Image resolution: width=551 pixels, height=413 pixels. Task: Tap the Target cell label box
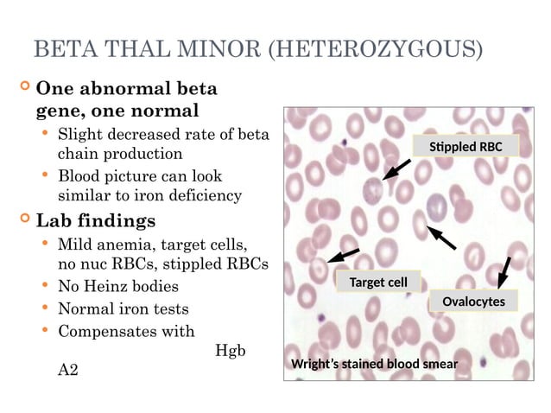[x=378, y=282]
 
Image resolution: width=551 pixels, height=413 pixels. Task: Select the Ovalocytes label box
[x=473, y=301]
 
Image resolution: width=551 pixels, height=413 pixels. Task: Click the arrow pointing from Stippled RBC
[x=396, y=169]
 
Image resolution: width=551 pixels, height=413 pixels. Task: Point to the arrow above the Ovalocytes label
[x=505, y=270]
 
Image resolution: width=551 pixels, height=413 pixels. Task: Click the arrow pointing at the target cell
[x=344, y=254]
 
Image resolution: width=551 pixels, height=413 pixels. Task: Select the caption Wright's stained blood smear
[x=374, y=364]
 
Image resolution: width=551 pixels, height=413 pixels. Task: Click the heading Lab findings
[x=95, y=219]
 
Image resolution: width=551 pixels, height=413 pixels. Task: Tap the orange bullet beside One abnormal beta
[x=24, y=87]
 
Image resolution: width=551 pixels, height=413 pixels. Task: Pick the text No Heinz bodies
[x=117, y=286]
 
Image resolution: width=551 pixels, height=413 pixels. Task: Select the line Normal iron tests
[x=123, y=308]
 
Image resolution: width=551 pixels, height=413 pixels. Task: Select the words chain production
[x=120, y=154]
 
